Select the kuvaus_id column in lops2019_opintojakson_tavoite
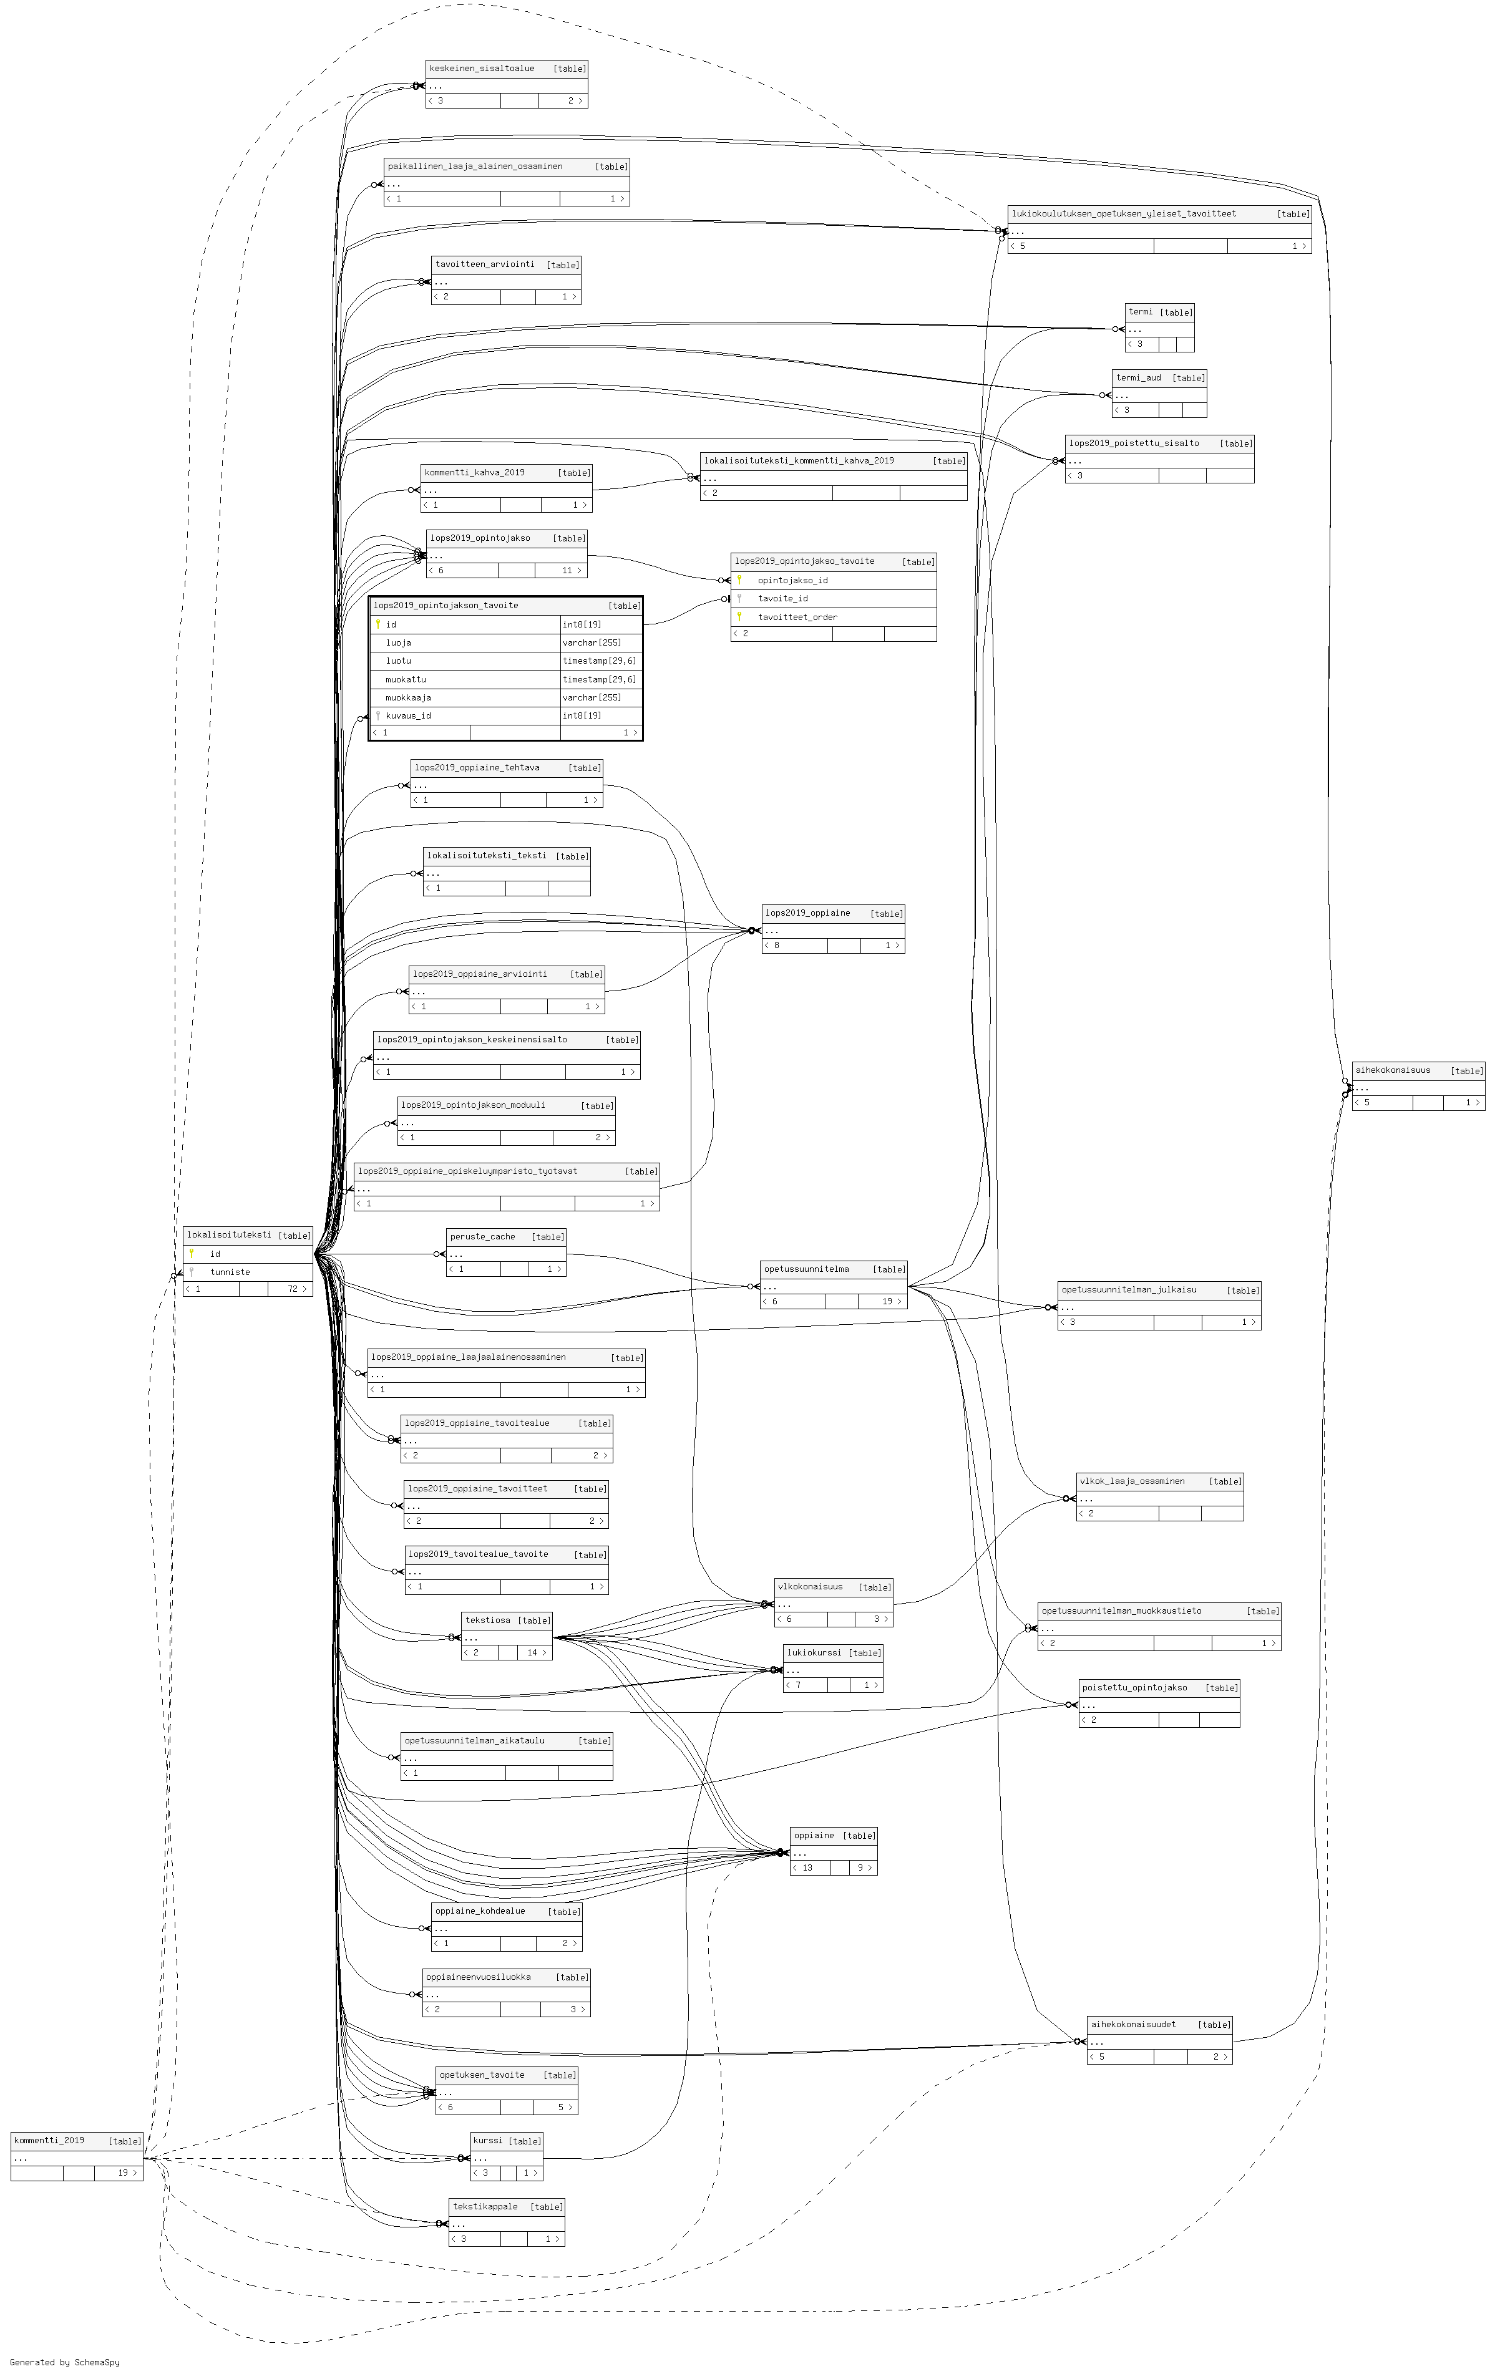[408, 715]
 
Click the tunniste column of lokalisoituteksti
[230, 1272]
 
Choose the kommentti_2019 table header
[49, 2140]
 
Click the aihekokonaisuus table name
[1393, 1070]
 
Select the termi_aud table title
[1138, 377]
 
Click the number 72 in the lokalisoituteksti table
[293, 1289]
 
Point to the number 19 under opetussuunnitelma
[887, 1301]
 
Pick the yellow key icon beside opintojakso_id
[739, 579]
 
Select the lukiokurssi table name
[814, 1652]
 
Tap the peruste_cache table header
[482, 1236]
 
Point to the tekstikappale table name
[485, 2206]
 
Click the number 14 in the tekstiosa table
[532, 1652]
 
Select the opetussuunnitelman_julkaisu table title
[1128, 1289]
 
